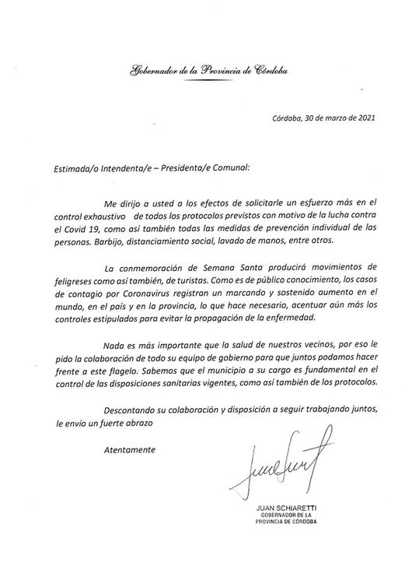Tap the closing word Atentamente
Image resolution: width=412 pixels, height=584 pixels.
[129, 449]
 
